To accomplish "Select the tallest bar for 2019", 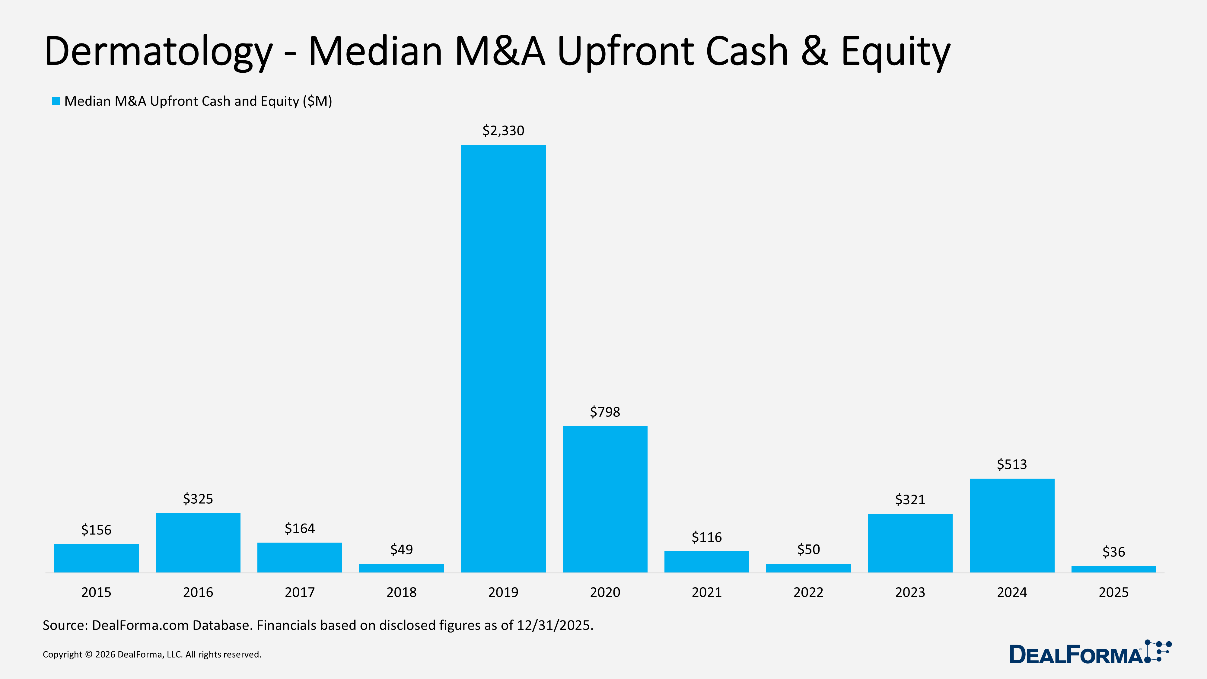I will click(503, 359).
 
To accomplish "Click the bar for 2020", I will click(605, 499).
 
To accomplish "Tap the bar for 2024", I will click(1011, 525).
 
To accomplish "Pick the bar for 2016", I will click(198, 543).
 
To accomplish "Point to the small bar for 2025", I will click(1113, 569).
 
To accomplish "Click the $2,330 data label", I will click(503, 131).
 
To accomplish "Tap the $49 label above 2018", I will click(402, 549).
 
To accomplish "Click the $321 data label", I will click(910, 499).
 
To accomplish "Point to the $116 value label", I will click(707, 537).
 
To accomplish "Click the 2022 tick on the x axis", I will click(808, 592).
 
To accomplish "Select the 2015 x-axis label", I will click(96, 592).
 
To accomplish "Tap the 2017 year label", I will click(299, 592).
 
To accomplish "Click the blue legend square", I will click(56, 101).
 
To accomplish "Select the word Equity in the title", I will click(895, 52).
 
